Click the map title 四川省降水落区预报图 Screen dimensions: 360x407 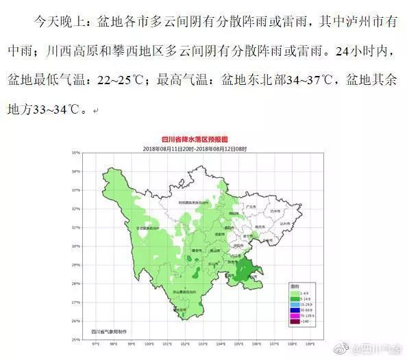[203, 140]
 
